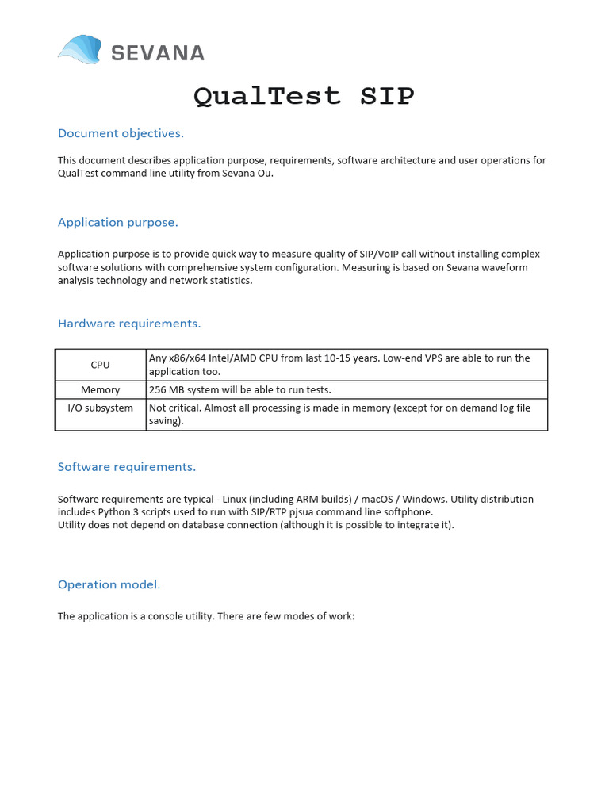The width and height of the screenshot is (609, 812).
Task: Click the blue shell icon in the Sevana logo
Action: (80, 50)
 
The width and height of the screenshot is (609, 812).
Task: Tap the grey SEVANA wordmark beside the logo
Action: (157, 53)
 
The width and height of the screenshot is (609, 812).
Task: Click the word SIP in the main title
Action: (387, 97)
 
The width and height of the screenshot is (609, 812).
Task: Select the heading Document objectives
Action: (121, 133)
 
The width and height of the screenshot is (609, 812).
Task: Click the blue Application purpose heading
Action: (117, 222)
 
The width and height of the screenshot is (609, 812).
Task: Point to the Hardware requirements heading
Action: (129, 324)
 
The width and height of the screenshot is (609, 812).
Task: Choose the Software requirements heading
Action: (126, 466)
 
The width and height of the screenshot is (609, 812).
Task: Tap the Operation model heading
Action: (109, 584)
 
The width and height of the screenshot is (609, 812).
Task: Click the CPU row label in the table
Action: (100, 365)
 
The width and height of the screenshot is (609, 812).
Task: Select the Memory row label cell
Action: (100, 390)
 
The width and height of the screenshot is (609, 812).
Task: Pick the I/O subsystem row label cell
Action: (100, 408)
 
